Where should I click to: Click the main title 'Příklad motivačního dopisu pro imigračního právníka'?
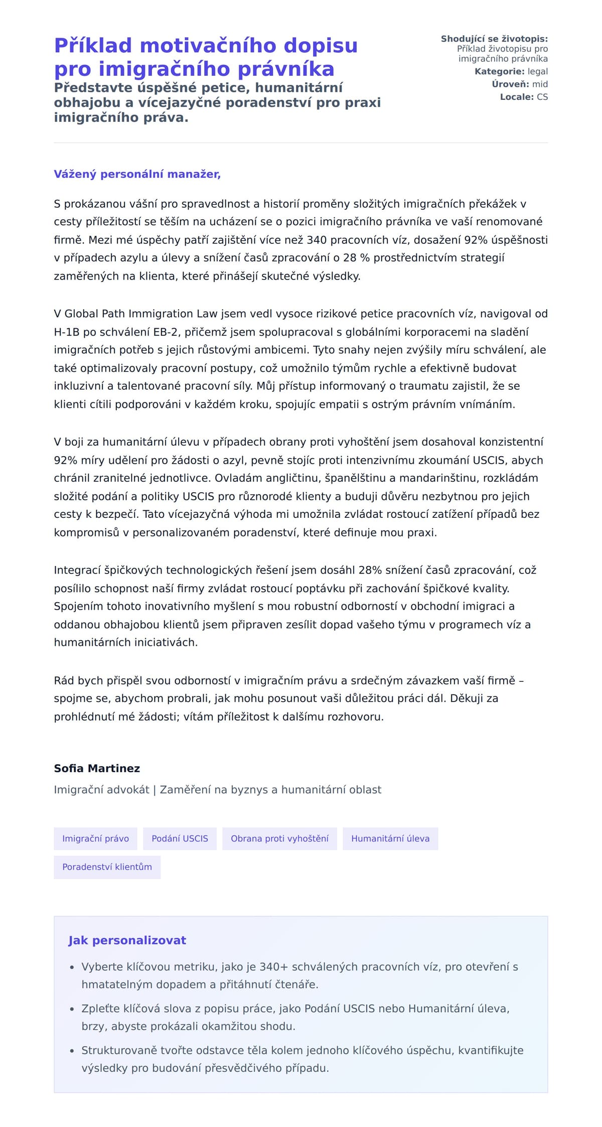[206, 57]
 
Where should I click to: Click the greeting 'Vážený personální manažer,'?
[137, 174]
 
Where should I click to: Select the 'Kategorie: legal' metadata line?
[511, 72]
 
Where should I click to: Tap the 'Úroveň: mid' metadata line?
[519, 84]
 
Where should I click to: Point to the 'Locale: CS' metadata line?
[523, 97]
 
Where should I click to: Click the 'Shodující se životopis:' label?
[494, 39]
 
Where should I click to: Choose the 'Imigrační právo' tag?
[95, 838]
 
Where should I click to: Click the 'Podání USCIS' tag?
[180, 838]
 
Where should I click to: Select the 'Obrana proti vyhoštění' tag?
[279, 838]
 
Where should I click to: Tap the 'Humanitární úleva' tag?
[390, 838]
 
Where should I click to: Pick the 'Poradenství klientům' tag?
[107, 867]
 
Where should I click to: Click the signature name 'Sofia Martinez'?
[97, 768]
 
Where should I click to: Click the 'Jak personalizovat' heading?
[127, 940]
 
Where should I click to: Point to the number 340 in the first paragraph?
[317, 240]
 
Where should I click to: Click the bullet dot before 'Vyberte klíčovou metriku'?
[72, 967]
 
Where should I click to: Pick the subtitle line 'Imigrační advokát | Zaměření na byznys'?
[217, 790]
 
